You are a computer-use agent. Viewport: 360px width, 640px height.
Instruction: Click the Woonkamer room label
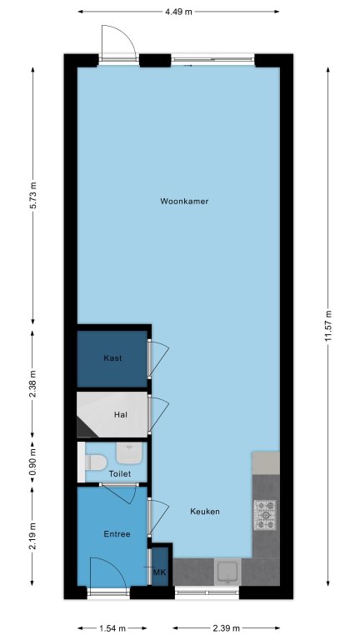pyautogui.click(x=184, y=201)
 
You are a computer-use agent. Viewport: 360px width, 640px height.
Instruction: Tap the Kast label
pyautogui.click(x=112, y=358)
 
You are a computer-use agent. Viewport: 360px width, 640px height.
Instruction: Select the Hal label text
pyautogui.click(x=120, y=415)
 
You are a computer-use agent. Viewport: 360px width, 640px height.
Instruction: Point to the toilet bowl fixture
pyautogui.click(x=96, y=462)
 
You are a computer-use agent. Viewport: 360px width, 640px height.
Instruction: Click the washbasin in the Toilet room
pyautogui.click(x=129, y=453)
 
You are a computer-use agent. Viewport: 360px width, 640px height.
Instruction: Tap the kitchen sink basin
pyautogui.click(x=227, y=572)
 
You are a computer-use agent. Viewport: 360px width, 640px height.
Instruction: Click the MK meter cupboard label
pyautogui.click(x=160, y=572)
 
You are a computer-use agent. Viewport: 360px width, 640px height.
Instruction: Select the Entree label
pyautogui.click(x=117, y=534)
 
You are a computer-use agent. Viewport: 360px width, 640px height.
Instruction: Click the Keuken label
pyautogui.click(x=205, y=511)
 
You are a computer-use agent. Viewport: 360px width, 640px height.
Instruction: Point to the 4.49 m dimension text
pyautogui.click(x=178, y=12)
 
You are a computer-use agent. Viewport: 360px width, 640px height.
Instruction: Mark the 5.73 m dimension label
pyautogui.click(x=33, y=195)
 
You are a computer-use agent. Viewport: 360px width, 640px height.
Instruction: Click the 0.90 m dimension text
pyautogui.click(x=33, y=462)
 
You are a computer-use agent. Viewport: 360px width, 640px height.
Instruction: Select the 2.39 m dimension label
pyautogui.click(x=226, y=627)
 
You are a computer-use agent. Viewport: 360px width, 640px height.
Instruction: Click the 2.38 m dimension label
pyautogui.click(x=33, y=383)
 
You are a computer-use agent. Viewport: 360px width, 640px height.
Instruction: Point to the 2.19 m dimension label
pyautogui.click(x=33, y=536)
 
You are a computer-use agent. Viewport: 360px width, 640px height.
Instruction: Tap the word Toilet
pyautogui.click(x=120, y=474)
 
